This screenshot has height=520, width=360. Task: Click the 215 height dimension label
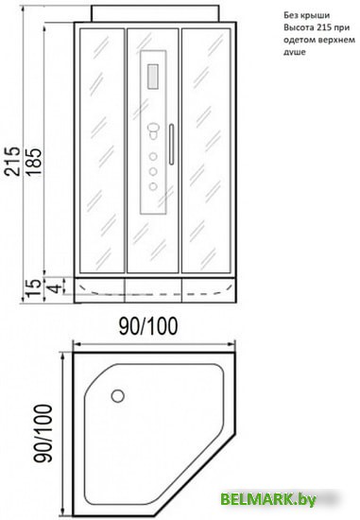13,161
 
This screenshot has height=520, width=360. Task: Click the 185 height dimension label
34,162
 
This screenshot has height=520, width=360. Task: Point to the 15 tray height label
33,287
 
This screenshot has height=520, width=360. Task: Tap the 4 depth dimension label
56,286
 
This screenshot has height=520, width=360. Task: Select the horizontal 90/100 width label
148,326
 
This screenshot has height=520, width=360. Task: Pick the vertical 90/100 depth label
43,432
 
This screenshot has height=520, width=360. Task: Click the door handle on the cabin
171,145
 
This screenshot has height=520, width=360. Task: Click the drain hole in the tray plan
118,395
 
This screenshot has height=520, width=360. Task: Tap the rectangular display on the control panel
152,77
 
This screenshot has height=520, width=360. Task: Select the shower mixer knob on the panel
153,130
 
